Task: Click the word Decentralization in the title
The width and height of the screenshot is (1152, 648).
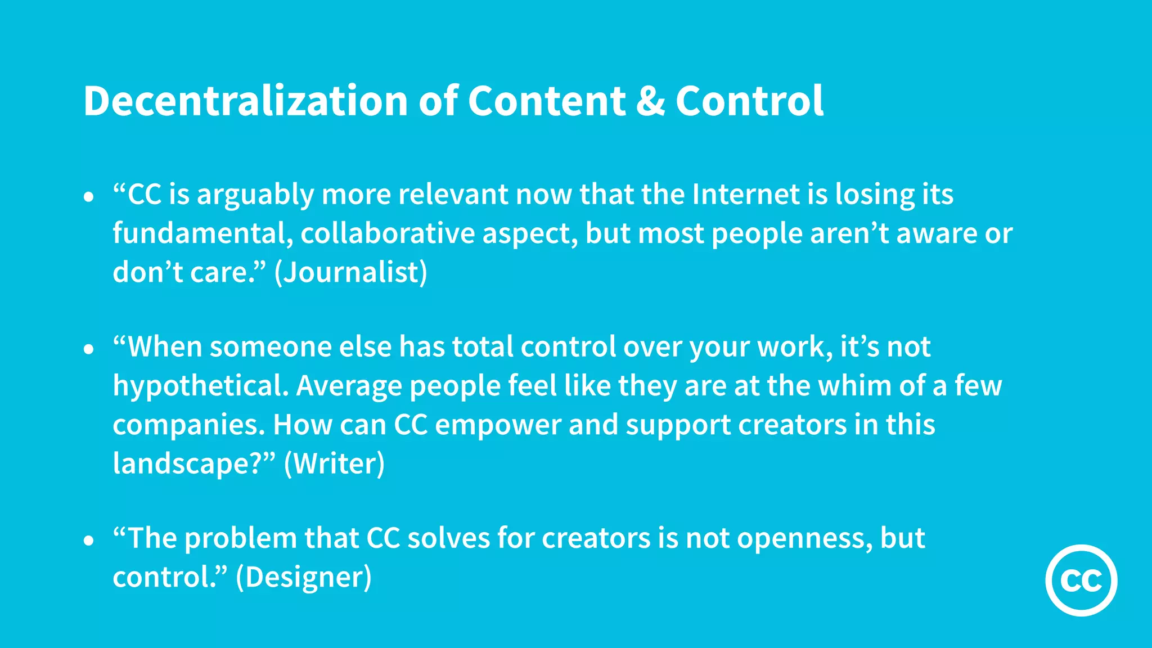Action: [245, 101]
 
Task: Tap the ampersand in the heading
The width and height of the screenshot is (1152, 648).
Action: [650, 101]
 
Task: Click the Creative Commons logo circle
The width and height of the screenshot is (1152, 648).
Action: [1081, 580]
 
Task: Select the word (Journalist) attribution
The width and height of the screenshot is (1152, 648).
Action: [351, 272]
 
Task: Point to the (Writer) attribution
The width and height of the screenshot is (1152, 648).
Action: [334, 463]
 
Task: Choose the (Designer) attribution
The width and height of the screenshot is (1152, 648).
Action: [304, 577]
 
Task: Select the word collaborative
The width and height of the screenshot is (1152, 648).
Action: [388, 233]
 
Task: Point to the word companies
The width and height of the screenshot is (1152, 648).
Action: [188, 426]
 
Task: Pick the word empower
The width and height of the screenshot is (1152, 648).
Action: [498, 426]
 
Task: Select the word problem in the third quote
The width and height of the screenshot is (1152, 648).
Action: [241, 539]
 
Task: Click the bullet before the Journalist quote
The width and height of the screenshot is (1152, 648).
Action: [88, 197]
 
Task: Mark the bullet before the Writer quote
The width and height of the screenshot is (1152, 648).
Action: [88, 349]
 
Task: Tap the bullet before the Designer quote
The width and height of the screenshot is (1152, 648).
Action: [88, 541]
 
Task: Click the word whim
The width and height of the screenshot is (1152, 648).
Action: [854, 386]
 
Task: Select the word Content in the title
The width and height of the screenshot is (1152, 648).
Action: [546, 101]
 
